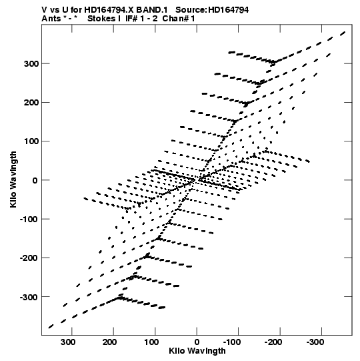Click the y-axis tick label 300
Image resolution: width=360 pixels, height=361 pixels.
[x=31, y=63]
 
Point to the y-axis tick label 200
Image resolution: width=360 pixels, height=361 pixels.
[x=31, y=103]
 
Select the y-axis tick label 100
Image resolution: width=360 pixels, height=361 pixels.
[x=31, y=141]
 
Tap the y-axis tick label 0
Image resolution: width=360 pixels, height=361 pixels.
[x=35, y=180]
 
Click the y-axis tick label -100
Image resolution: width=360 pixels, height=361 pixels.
[x=29, y=219]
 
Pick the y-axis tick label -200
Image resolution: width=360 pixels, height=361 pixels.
[x=29, y=258]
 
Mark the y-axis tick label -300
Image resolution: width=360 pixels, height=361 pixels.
[x=29, y=297]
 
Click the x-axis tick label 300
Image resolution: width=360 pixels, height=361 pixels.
[x=68, y=342]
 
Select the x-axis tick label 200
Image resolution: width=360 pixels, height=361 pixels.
[x=110, y=342]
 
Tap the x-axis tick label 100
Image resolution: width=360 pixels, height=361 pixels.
[x=151, y=342]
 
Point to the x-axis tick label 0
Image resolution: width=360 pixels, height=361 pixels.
[x=197, y=342]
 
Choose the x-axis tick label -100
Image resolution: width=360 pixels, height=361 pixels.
[x=232, y=342]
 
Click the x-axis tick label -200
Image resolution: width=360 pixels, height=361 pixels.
[x=274, y=342]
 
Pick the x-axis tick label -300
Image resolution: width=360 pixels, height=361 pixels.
[x=315, y=342]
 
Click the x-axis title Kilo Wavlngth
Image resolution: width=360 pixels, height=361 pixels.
[x=197, y=352]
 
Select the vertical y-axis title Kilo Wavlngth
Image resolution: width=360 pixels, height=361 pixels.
[x=13, y=179]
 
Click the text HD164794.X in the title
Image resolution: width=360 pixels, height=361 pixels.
[x=109, y=10]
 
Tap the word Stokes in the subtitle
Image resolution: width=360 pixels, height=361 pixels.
[x=103, y=19]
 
